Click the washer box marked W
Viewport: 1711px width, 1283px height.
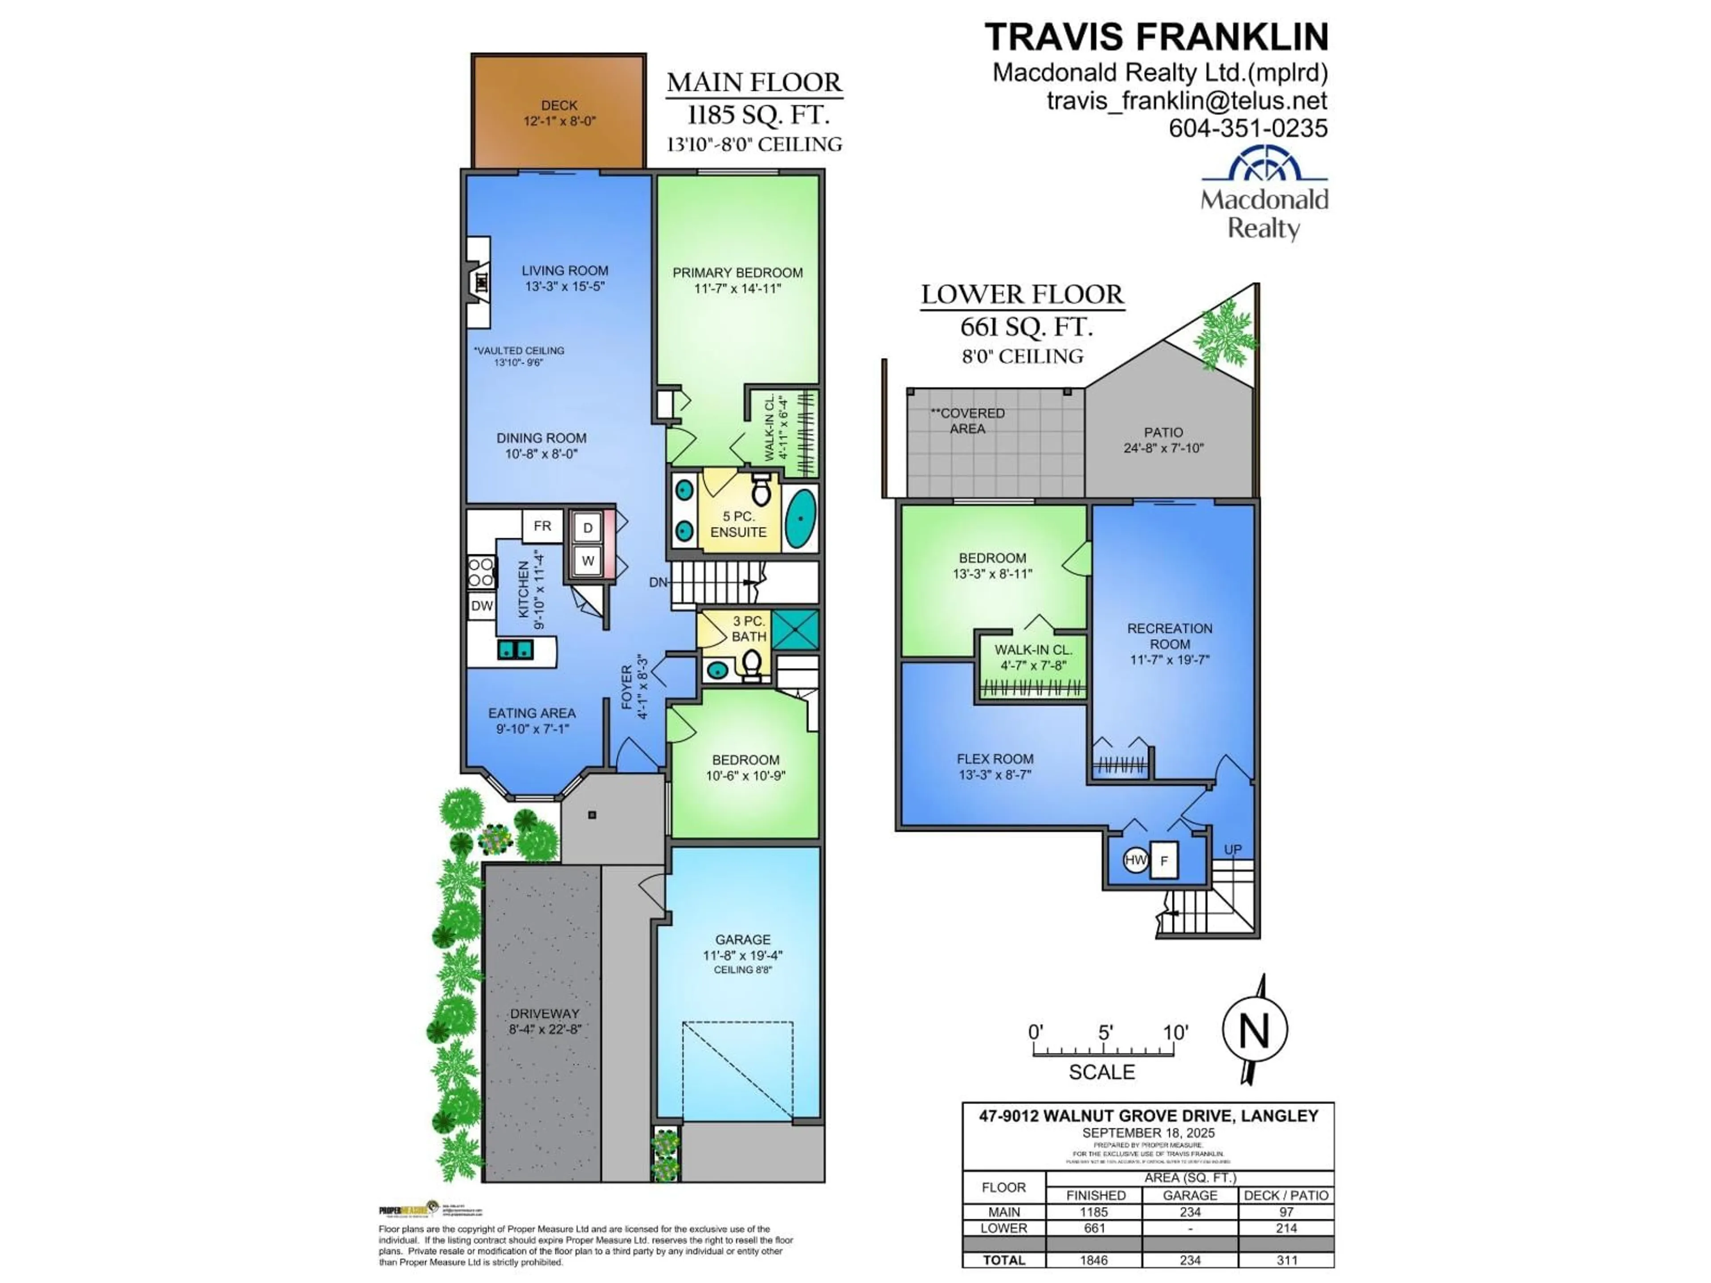588,561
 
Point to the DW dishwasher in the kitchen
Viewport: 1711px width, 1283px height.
481,605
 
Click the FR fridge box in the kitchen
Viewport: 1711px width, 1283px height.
542,526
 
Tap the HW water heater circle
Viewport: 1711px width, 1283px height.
1135,860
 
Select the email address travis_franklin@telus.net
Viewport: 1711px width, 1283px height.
1187,101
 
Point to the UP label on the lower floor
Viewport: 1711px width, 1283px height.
1232,849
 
